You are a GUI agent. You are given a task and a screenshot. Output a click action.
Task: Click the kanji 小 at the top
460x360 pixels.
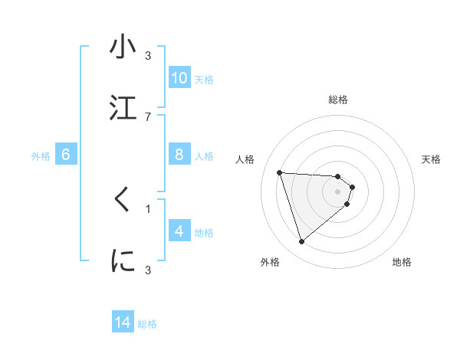(x=123, y=47)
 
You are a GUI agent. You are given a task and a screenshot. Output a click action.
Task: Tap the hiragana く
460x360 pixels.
(x=122, y=200)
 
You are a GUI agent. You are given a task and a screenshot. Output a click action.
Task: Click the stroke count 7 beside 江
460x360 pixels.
(x=147, y=116)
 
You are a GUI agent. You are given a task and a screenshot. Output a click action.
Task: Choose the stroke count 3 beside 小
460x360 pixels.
(x=147, y=56)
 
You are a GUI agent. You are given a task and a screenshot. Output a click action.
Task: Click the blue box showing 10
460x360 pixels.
(x=179, y=78)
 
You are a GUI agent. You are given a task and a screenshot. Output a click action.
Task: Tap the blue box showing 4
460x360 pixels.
(x=179, y=231)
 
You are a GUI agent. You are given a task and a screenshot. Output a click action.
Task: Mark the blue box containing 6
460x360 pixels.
(x=66, y=155)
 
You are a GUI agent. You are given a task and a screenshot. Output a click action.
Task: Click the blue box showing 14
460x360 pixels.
(x=123, y=322)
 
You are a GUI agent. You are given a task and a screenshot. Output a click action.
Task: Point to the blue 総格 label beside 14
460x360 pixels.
(x=147, y=324)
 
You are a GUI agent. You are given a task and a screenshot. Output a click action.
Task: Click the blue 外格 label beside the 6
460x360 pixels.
(x=41, y=156)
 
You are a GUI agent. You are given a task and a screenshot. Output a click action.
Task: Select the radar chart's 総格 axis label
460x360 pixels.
(x=338, y=100)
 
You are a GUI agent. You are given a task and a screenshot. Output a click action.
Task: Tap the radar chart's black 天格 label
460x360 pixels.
(x=432, y=159)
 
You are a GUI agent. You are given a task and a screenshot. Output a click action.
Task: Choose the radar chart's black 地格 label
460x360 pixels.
(x=402, y=262)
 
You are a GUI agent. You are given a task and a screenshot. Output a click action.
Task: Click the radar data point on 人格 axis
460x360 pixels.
(x=280, y=172)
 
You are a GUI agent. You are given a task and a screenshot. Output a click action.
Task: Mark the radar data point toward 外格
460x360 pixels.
(x=301, y=242)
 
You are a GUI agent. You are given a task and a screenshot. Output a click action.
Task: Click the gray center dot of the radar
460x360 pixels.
(x=338, y=191)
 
